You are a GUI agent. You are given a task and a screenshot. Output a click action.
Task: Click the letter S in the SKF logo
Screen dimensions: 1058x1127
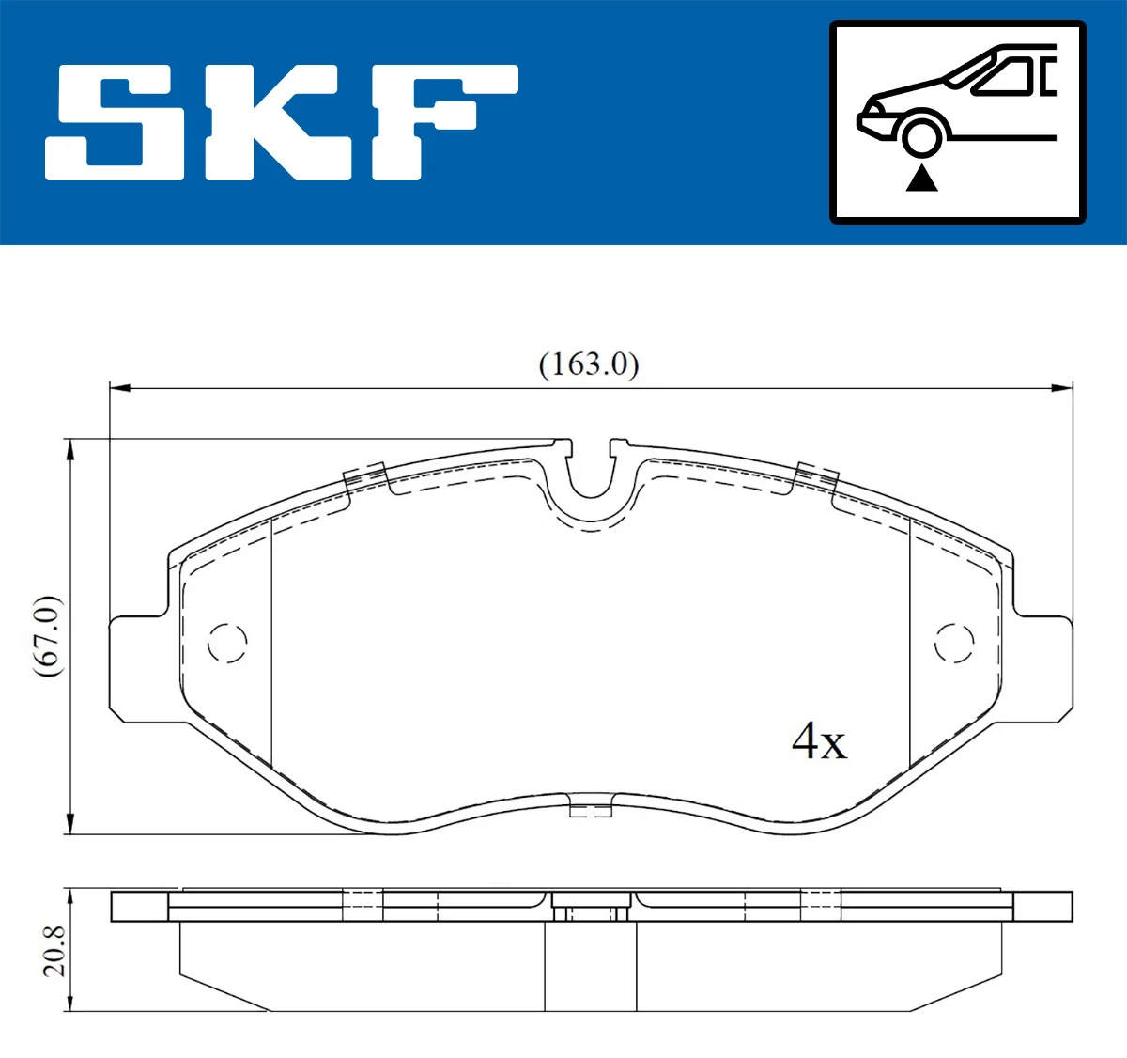(x=118, y=122)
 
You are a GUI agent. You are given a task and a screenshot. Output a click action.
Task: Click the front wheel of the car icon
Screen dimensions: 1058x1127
(x=921, y=135)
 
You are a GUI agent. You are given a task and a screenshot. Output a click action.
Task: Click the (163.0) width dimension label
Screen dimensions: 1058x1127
(x=589, y=365)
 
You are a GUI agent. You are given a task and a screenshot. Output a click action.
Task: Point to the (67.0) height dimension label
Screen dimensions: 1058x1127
(x=48, y=636)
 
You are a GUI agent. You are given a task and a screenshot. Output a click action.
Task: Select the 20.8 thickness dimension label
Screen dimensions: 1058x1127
(x=54, y=950)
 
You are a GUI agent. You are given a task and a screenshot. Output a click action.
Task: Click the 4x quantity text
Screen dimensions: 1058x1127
(x=819, y=741)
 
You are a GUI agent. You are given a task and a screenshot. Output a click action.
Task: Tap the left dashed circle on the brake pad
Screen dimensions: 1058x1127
(x=226, y=643)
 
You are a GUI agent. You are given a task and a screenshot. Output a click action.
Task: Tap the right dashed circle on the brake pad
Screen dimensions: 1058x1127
(x=953, y=643)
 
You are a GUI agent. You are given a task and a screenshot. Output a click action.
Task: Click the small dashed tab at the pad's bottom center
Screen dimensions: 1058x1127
(x=592, y=806)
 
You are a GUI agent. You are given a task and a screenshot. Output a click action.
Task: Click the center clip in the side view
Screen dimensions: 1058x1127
(x=591, y=910)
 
